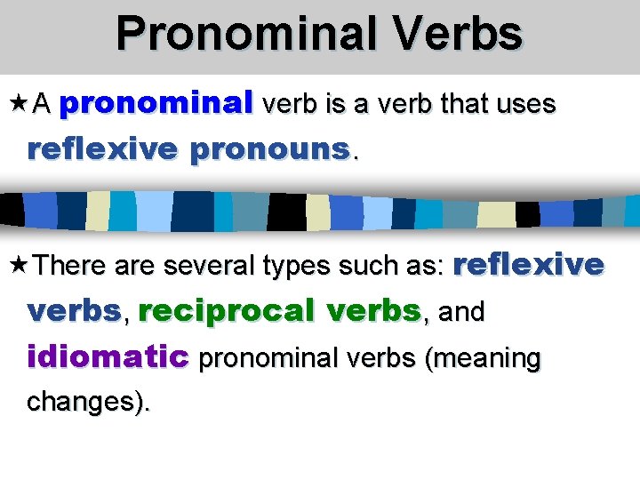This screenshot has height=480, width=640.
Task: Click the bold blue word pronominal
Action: pos(156,104)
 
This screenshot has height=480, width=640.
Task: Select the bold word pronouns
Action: pos(270,148)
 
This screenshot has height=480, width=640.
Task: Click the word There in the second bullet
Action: pos(72,265)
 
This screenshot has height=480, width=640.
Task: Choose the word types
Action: pos(300,266)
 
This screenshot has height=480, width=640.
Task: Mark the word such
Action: pos(374,265)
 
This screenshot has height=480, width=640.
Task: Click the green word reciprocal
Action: pos(228,311)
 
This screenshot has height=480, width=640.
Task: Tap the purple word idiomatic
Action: pos(108,357)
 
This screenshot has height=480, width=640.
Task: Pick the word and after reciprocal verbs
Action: pos(462,312)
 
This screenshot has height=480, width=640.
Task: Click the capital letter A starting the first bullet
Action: pos(41,105)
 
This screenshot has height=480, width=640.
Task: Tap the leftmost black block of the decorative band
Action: pos(12,210)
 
